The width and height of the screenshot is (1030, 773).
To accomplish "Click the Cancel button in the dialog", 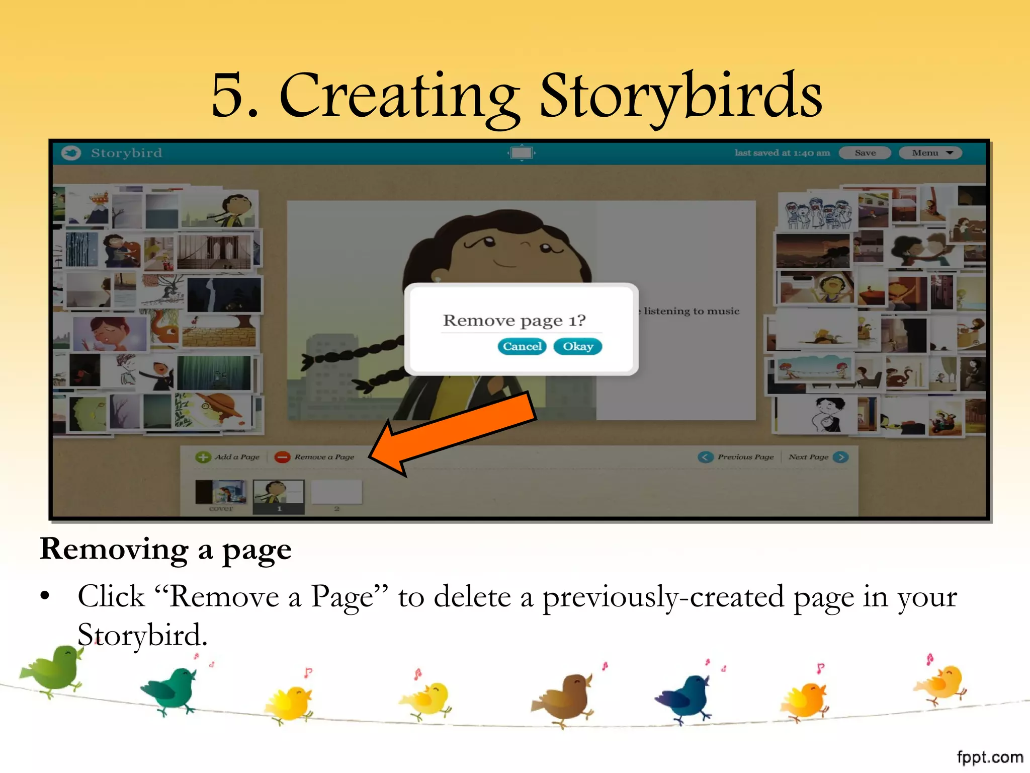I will click(x=522, y=346).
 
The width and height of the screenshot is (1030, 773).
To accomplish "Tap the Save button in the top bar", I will click(x=865, y=153).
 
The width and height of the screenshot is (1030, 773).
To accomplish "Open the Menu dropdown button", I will click(x=930, y=153).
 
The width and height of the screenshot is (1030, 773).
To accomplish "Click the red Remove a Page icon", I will click(x=282, y=457).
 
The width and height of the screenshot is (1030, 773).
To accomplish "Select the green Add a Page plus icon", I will click(x=203, y=457).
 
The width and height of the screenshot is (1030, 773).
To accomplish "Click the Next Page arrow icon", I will click(x=840, y=457).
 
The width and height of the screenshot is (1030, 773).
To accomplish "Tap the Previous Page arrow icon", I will click(x=706, y=457).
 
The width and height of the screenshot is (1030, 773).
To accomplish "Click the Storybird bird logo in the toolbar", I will click(x=71, y=153).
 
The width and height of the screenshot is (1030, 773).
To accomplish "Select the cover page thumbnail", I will click(x=221, y=492).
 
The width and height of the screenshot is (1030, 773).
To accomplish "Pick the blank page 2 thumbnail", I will click(x=336, y=492).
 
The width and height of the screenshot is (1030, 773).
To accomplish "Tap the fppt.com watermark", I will click(x=989, y=757).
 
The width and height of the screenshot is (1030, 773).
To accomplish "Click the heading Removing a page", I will click(x=165, y=549).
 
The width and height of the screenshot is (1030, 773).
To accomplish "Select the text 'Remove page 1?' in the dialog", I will click(x=514, y=321).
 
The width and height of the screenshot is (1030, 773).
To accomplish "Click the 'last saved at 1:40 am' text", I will click(x=782, y=153).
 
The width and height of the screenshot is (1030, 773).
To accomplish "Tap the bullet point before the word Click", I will click(x=45, y=596).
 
